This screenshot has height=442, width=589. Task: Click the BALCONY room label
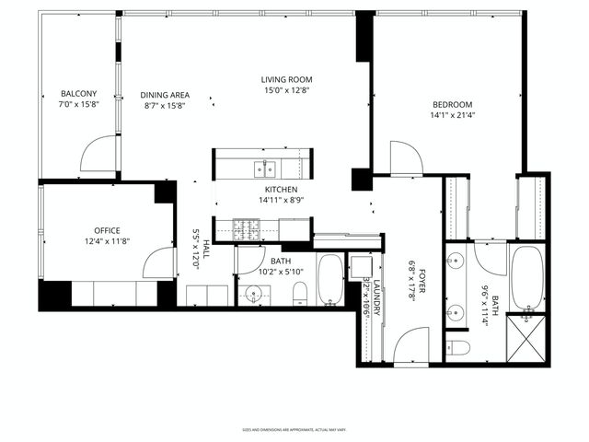click(78, 94)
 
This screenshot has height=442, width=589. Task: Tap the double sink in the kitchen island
click(267, 168)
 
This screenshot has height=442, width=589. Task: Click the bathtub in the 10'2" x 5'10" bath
click(330, 281)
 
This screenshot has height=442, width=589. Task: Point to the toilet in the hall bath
click(298, 294)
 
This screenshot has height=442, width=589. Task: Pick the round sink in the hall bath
click(255, 295)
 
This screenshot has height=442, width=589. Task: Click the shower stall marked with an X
click(526, 339)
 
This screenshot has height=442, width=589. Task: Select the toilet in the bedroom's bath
click(457, 347)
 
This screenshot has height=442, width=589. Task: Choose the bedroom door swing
click(405, 157)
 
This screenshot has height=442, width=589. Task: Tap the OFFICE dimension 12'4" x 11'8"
click(107, 241)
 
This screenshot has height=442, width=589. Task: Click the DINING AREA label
click(165, 95)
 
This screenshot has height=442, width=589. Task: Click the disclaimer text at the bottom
click(294, 429)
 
